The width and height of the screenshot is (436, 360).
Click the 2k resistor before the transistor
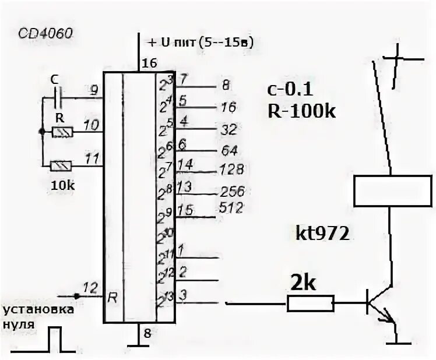click(310, 303)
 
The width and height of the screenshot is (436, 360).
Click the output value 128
click(232, 169)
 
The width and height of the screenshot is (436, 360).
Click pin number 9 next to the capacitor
click(93, 90)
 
